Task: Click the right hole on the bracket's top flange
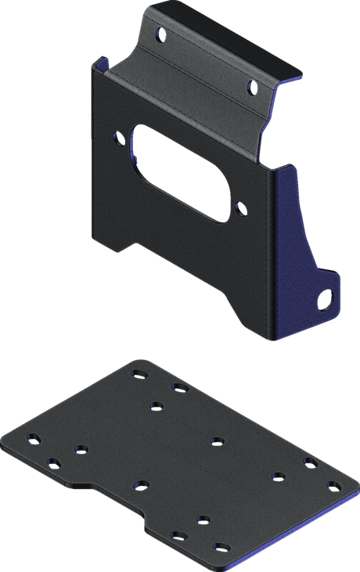pyautogui.click(x=250, y=85)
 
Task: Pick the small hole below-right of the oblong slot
pyautogui.click(x=241, y=207)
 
